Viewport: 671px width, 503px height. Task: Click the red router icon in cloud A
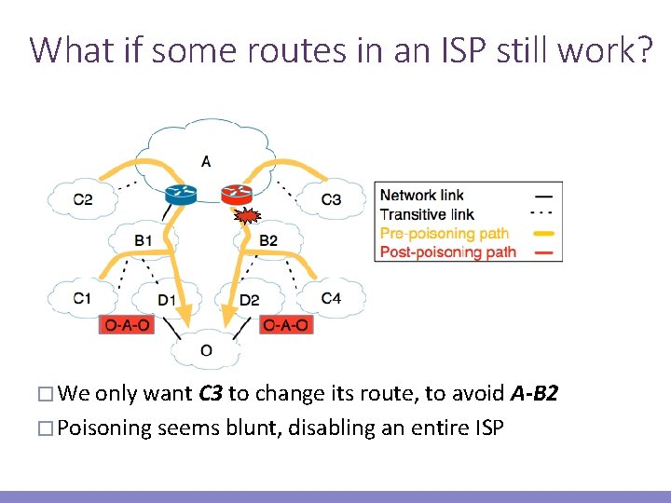click(236, 194)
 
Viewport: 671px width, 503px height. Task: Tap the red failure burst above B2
click(247, 218)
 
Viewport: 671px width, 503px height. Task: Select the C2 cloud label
click(83, 198)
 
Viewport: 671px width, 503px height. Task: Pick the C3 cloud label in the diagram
click(331, 198)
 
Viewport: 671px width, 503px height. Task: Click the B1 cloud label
click(143, 240)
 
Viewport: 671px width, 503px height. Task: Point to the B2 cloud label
click(268, 240)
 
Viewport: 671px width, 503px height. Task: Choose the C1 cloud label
click(83, 298)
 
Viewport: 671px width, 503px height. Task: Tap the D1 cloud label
click(166, 300)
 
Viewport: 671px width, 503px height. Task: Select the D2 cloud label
click(249, 300)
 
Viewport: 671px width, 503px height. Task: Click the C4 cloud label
click(331, 298)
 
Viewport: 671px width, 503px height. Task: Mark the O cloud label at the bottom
click(206, 351)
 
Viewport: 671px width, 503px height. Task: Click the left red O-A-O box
click(126, 325)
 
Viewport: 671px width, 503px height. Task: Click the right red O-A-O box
click(286, 325)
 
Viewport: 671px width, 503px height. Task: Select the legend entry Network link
click(421, 196)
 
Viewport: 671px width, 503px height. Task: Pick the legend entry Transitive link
click(426, 214)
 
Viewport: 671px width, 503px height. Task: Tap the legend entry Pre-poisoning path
click(443, 233)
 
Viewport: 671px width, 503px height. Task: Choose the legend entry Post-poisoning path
click(447, 251)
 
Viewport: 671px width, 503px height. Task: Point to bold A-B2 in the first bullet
click(535, 394)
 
